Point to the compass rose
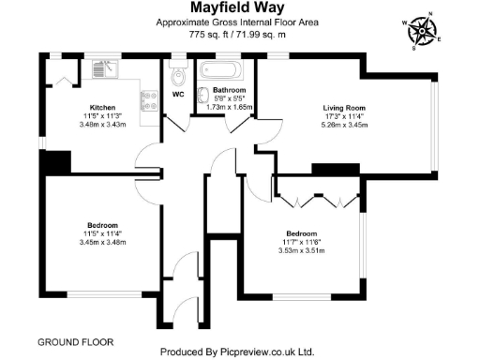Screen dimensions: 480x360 coord(423,29)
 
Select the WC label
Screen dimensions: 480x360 coord(178,94)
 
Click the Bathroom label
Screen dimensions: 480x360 coord(229,90)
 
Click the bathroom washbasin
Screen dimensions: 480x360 coord(203,96)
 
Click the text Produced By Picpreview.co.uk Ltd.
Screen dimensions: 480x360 coord(237,352)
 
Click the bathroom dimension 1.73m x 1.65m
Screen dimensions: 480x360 coord(229,108)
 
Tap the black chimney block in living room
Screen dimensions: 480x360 coord(329,169)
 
